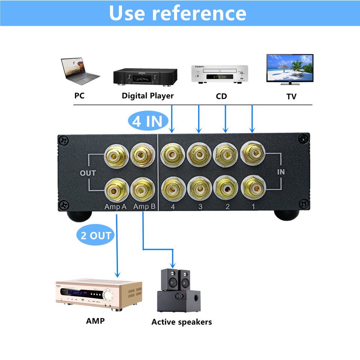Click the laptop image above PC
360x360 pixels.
(x=80, y=72)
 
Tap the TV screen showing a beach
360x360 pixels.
(x=289, y=68)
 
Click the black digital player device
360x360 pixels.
(x=145, y=78)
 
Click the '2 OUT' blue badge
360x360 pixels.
(x=96, y=235)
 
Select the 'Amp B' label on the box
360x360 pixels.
(x=144, y=207)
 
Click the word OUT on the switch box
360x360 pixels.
(x=88, y=173)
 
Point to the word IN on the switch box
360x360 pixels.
(x=281, y=172)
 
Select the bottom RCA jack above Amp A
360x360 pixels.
(x=115, y=189)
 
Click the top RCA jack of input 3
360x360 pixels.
(x=199, y=154)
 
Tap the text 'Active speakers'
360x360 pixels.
(x=181, y=322)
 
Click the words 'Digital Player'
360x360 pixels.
(x=148, y=96)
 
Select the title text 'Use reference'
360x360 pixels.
(x=178, y=13)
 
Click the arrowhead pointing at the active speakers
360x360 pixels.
(x=173, y=264)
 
